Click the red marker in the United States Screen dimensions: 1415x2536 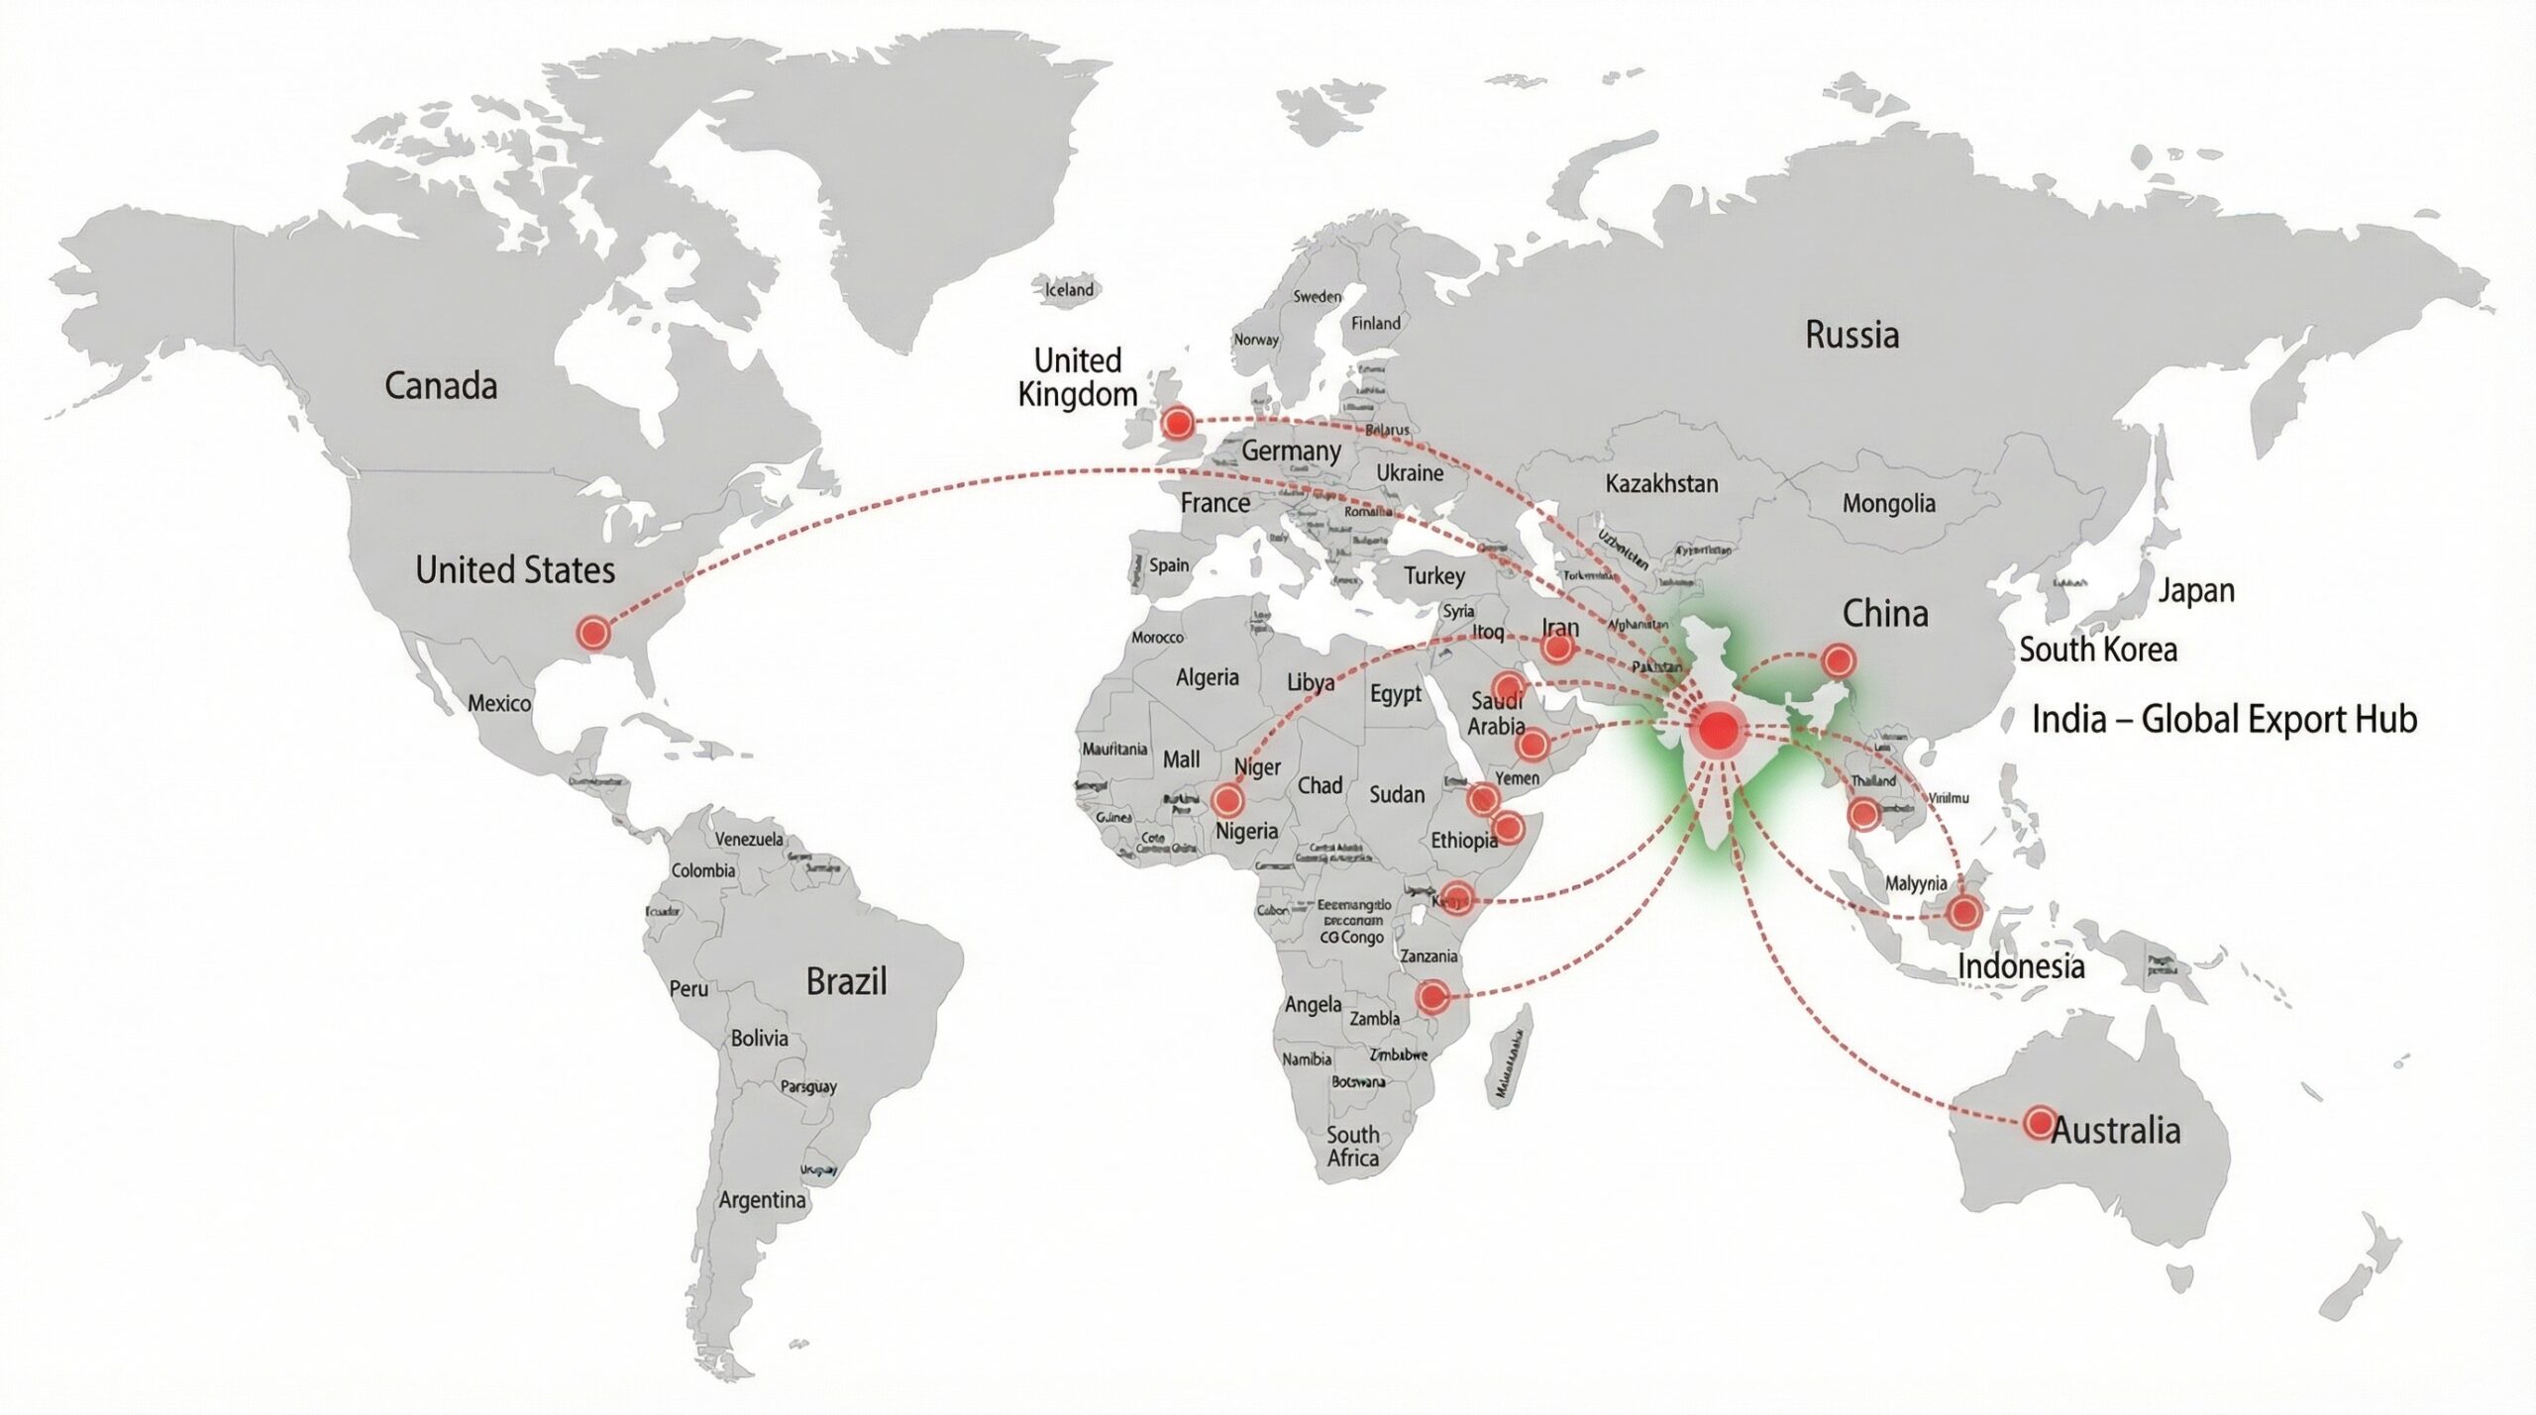(592, 632)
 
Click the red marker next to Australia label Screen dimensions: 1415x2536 (2039, 1122)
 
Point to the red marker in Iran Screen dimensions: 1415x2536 (1557, 649)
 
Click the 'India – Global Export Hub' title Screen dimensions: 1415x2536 (2224, 719)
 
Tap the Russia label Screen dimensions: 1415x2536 (1851, 335)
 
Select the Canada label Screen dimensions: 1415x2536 (441, 385)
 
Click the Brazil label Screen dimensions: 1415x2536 (846, 981)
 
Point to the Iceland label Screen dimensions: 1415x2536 (1069, 290)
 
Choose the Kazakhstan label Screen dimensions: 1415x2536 (1661, 484)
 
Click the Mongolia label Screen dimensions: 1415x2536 (1888, 503)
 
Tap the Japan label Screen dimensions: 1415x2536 (2196, 590)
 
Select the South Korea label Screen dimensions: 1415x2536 (2098, 650)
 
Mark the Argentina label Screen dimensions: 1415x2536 (762, 1200)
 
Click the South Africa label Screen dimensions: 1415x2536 (1352, 1147)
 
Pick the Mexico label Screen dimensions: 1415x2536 (499, 703)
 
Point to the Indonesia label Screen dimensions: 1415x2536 (2021, 965)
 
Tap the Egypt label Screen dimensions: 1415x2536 (1396, 694)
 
